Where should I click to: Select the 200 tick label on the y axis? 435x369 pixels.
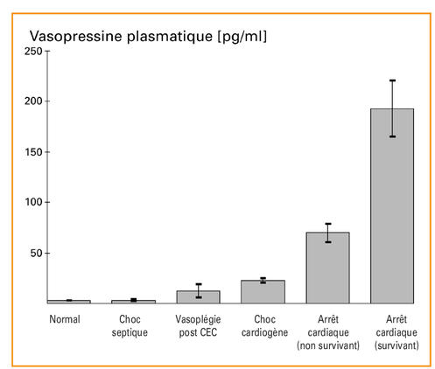pos(31,101)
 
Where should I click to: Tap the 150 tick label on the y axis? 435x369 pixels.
pos(31,152)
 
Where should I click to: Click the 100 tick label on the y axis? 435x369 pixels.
pos(31,202)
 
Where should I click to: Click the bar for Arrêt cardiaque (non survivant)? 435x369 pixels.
pos(327,268)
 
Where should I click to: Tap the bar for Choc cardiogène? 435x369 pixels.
pos(263,292)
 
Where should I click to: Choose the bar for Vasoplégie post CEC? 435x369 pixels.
pos(199,296)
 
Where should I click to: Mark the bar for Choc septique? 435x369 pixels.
pos(134,301)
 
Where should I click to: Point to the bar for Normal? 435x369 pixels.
pos(70,301)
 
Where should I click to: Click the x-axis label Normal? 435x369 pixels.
pos(65,319)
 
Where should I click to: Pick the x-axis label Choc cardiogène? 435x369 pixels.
pos(263,325)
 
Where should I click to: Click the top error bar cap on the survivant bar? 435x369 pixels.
pos(391,80)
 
